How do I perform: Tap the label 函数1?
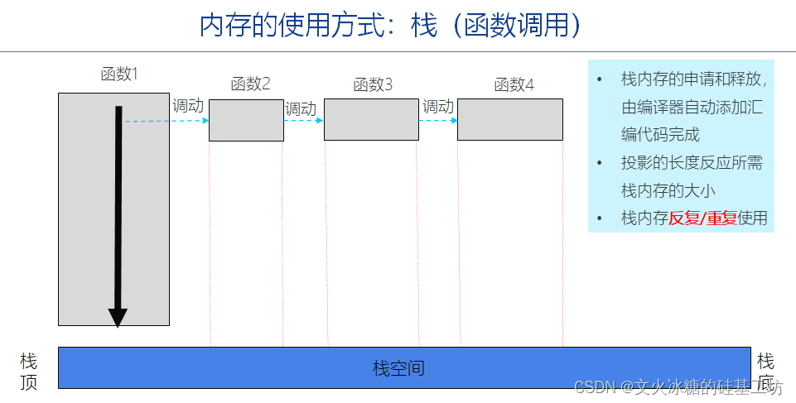(119, 74)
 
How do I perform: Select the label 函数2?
(250, 84)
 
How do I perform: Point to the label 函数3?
(373, 84)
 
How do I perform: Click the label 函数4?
(514, 84)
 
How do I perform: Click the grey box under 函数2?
(246, 120)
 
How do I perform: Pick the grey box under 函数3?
(371, 120)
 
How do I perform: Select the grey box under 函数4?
(509, 120)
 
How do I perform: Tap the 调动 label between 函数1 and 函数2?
(188, 106)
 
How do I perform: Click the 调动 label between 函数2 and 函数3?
(300, 108)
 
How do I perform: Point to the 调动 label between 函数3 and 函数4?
(438, 106)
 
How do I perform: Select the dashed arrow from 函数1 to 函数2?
(166, 121)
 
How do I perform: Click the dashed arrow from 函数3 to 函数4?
(437, 121)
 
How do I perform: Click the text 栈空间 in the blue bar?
(398, 368)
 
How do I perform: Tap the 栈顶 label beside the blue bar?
(29, 372)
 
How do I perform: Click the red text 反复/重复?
(702, 218)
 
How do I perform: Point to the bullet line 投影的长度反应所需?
(692, 163)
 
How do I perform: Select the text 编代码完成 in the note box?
(660, 134)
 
